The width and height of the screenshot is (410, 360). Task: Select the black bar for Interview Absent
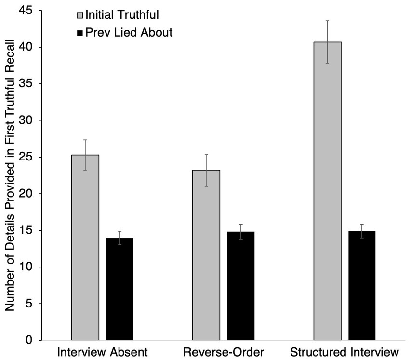click(119, 289)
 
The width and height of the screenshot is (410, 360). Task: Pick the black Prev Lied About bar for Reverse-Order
click(240, 286)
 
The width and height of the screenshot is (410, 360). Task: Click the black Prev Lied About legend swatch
click(79, 33)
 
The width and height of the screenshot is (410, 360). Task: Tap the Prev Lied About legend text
click(128, 33)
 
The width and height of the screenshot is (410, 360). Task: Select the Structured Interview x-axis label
click(345, 352)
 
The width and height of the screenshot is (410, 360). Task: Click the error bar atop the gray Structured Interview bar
click(327, 42)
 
